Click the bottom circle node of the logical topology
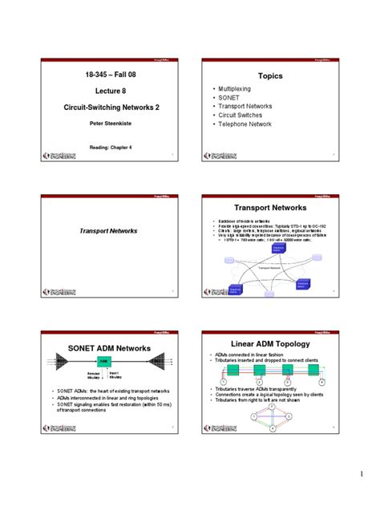click(x=274, y=431)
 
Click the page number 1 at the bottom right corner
click(x=362, y=483)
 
